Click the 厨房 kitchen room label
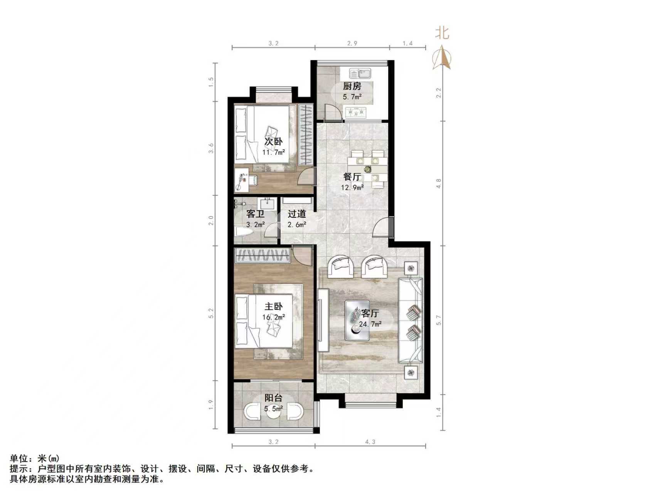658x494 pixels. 352,86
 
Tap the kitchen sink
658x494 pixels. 360,73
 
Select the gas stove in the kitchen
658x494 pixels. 356,113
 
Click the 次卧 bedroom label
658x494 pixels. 273,142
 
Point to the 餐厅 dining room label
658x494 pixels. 352,177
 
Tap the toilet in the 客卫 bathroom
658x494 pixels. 242,232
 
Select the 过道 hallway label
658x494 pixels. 297,214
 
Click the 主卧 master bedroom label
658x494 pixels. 273,307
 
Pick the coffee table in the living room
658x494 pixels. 357,320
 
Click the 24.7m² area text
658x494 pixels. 370,324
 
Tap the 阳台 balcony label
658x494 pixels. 273,398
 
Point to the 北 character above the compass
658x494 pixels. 442,32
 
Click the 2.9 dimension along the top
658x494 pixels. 352,44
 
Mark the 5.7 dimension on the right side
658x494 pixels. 438,320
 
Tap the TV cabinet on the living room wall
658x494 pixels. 323,320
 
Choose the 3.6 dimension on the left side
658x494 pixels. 211,148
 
